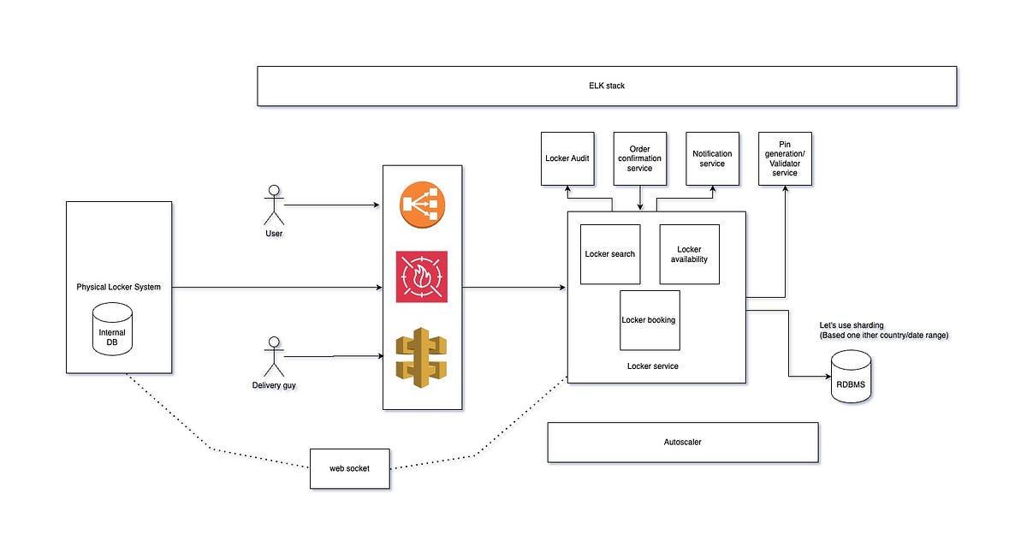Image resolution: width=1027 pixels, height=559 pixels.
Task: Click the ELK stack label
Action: coord(607,86)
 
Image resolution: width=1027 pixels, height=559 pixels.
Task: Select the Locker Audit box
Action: coord(567,158)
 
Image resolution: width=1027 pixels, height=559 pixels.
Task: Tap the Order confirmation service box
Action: coord(640,158)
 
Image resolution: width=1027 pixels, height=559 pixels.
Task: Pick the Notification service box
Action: coord(712,158)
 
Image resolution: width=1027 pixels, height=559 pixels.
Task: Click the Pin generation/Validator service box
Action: coord(785,158)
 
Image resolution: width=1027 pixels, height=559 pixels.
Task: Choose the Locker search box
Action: coord(610,254)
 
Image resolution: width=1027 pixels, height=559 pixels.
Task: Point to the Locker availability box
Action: coord(689,254)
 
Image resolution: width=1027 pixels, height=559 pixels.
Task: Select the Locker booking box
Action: coord(649,320)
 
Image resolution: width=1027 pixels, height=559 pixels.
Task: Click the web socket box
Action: coord(349,469)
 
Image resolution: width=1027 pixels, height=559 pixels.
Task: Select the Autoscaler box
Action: coord(682,443)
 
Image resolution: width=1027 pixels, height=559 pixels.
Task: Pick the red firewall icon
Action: coord(422,277)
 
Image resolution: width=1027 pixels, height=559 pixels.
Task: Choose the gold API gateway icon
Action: coord(422,358)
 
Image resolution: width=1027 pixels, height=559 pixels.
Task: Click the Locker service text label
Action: coord(653,366)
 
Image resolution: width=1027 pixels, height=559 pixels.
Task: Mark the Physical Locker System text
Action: coord(118,287)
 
